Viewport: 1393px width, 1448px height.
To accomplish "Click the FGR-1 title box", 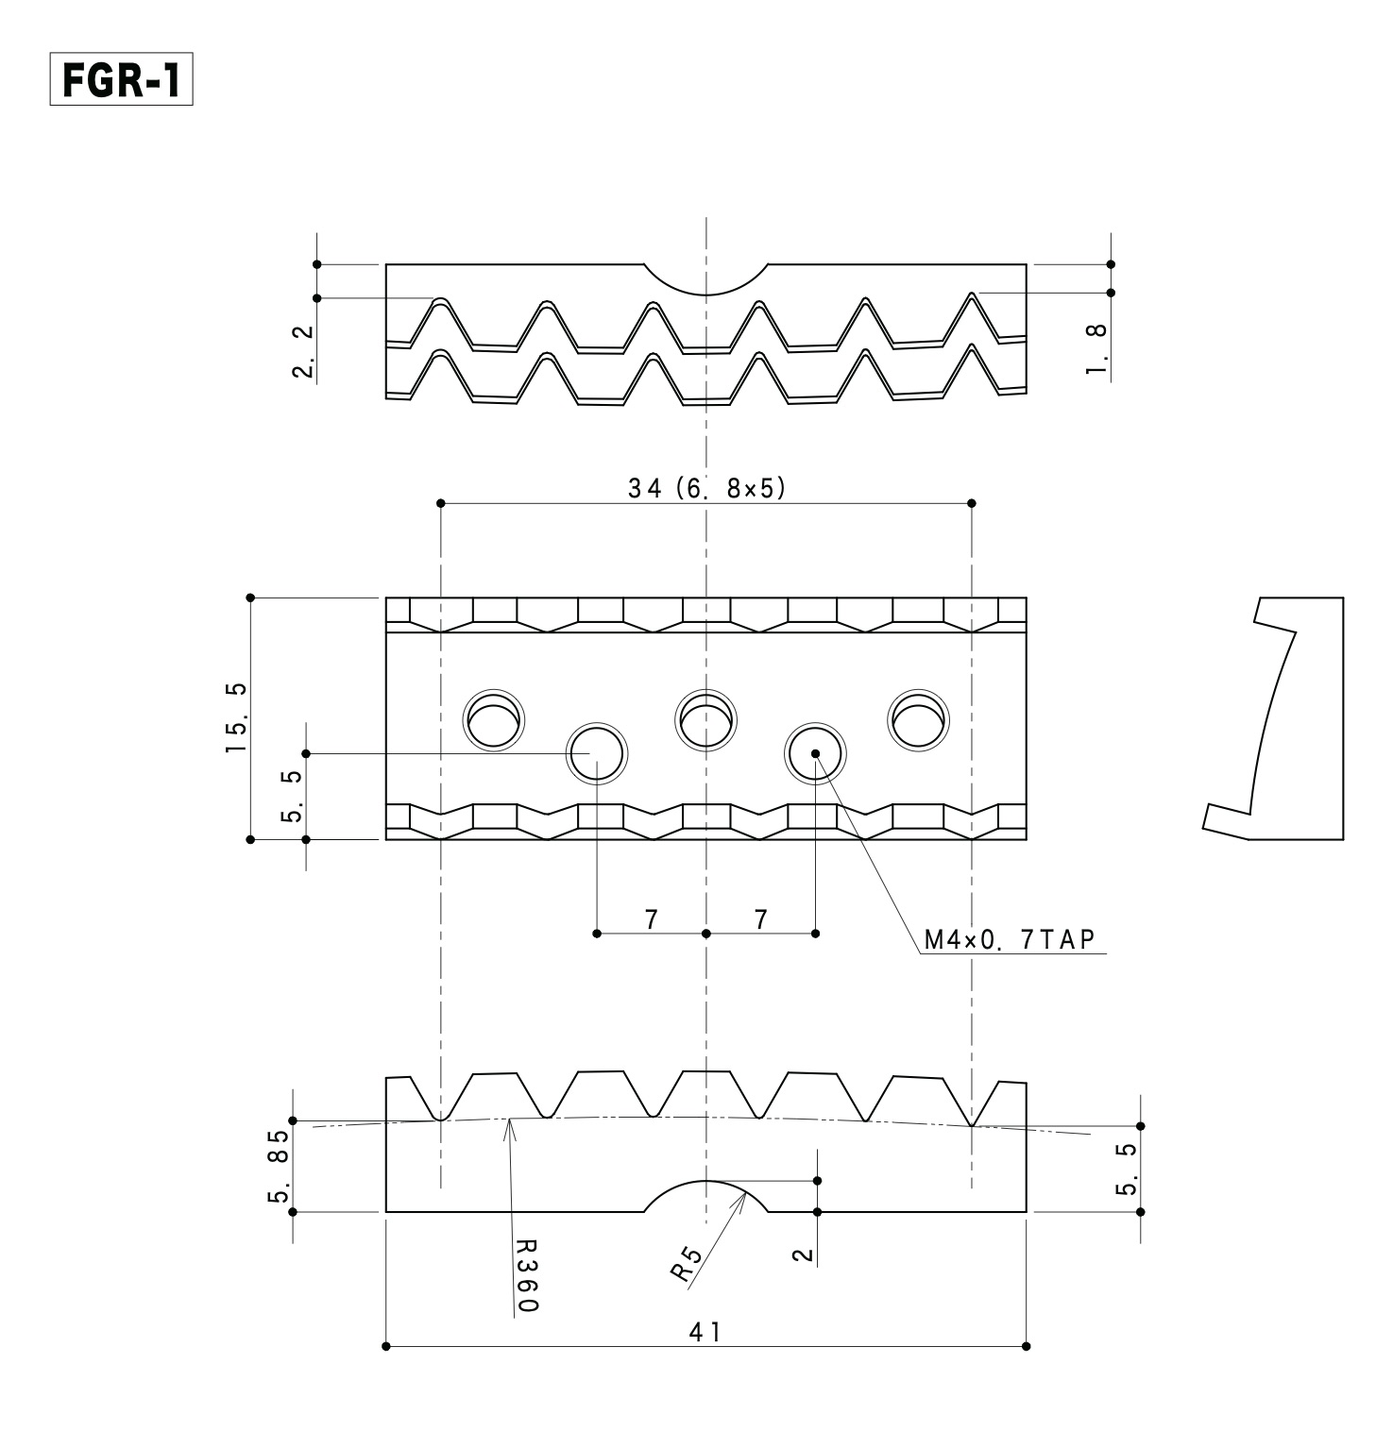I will [121, 82].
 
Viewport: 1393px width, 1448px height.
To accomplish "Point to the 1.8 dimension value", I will [1097, 348].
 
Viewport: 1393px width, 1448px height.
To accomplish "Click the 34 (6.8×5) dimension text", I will [706, 489].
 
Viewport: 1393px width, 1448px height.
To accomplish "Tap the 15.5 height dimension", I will [236, 717].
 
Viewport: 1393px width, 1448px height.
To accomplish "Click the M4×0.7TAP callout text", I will [1008, 939].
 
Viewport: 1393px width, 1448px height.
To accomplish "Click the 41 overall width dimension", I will [705, 1332].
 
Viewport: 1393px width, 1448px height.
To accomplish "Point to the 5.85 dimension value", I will [279, 1168].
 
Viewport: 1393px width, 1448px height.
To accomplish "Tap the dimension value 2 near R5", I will [804, 1254].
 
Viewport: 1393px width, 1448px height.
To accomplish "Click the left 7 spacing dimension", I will [652, 919].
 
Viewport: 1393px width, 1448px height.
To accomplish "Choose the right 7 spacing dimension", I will [761, 919].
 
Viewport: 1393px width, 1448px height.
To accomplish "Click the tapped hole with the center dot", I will [816, 753].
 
